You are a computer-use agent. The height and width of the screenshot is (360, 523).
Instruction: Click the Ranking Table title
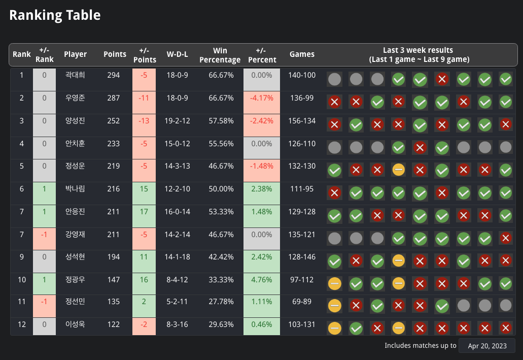click(x=55, y=15)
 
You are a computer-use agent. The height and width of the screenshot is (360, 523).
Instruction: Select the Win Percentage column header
click(x=220, y=55)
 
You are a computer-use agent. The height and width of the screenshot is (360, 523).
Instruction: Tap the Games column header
click(x=302, y=54)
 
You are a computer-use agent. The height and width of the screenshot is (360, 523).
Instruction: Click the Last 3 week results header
click(x=419, y=55)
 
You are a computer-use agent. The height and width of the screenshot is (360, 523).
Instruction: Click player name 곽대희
click(x=75, y=75)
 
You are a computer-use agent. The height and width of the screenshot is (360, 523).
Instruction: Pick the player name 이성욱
click(x=75, y=324)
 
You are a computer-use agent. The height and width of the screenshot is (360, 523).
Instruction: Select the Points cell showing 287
click(x=114, y=98)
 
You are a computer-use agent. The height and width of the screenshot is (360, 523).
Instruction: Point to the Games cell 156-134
click(x=302, y=121)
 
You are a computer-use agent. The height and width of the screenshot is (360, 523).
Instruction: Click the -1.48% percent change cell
click(x=261, y=166)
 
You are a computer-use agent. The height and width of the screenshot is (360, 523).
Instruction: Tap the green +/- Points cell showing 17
click(x=144, y=211)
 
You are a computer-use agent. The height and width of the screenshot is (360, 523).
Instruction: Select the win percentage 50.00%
click(x=221, y=189)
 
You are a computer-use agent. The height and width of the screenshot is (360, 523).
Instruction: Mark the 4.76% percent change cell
click(x=261, y=280)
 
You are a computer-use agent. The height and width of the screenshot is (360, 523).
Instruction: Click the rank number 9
click(x=21, y=257)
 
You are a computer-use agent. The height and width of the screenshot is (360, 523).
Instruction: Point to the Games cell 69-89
click(x=302, y=302)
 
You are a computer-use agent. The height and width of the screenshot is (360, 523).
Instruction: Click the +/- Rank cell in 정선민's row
click(x=44, y=302)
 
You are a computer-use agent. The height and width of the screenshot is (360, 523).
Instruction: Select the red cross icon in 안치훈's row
click(x=420, y=148)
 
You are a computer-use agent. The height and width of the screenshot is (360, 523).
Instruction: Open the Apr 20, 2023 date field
click(x=486, y=346)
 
